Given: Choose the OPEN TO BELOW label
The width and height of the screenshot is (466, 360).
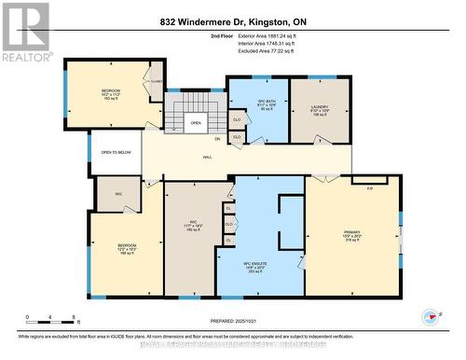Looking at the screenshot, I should tap(116, 152).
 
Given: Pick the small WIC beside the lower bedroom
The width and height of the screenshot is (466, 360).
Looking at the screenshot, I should tap(119, 193).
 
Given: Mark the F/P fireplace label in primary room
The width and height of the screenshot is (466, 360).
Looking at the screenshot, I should tap(369, 187).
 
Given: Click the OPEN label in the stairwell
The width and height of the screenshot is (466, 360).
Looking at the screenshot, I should tap(196, 123).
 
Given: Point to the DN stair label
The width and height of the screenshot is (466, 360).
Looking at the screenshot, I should tap(217, 139).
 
